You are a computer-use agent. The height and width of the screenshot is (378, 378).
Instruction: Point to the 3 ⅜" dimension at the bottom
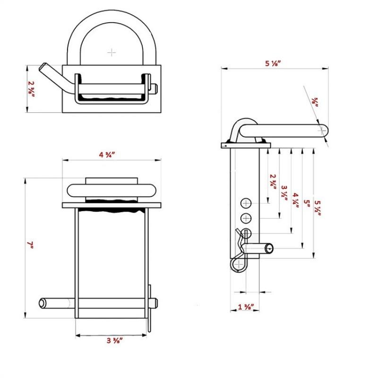pyautogui.click(x=112, y=341)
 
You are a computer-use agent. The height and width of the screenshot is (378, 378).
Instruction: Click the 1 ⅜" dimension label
pyautogui.click(x=246, y=307)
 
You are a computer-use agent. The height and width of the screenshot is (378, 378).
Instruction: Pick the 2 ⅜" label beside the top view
pyautogui.click(x=31, y=88)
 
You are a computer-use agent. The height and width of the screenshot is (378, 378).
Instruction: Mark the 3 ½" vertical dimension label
pyautogui.click(x=284, y=193)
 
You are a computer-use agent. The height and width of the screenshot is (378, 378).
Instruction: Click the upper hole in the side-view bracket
pyautogui.click(x=246, y=204)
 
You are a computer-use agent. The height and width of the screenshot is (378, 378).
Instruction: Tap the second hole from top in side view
pyautogui.click(x=246, y=218)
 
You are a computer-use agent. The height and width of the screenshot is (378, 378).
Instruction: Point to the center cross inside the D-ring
pyautogui.click(x=112, y=52)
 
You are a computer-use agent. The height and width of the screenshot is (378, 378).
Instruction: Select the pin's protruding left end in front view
pyautogui.click(x=42, y=302)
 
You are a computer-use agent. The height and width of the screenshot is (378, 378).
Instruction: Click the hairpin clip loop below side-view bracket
pyautogui.click(x=238, y=263)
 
